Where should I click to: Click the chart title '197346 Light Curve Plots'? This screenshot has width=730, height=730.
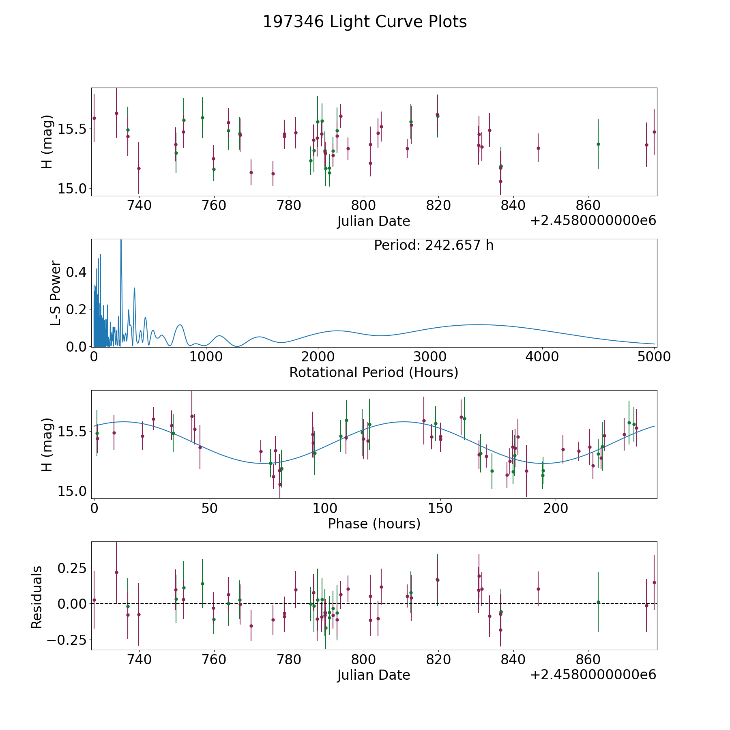coord(365,22)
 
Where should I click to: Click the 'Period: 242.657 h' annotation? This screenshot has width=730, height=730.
coord(434,245)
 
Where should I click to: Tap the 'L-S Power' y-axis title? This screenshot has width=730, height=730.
coord(56,293)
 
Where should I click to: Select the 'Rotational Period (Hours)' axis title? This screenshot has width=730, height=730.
coord(374,372)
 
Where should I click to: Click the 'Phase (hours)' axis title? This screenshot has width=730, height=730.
coord(374,524)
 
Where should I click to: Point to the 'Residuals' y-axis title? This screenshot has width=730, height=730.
coord(37,597)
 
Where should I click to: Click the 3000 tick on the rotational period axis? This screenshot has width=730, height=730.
coord(430,357)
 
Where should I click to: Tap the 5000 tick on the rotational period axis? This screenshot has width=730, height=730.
coord(654,357)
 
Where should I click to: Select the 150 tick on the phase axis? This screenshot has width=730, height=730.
coord(440,508)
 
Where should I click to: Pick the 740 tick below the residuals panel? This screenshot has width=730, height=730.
coord(139,659)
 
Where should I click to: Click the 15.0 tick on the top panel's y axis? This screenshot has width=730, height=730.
coord(72,189)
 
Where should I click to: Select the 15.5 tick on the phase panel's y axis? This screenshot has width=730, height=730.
coord(72,432)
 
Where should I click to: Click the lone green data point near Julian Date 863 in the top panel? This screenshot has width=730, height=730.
coord(598,144)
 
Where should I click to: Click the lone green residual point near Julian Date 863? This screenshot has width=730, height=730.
coord(598,602)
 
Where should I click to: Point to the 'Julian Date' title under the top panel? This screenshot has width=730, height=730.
coord(374,221)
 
